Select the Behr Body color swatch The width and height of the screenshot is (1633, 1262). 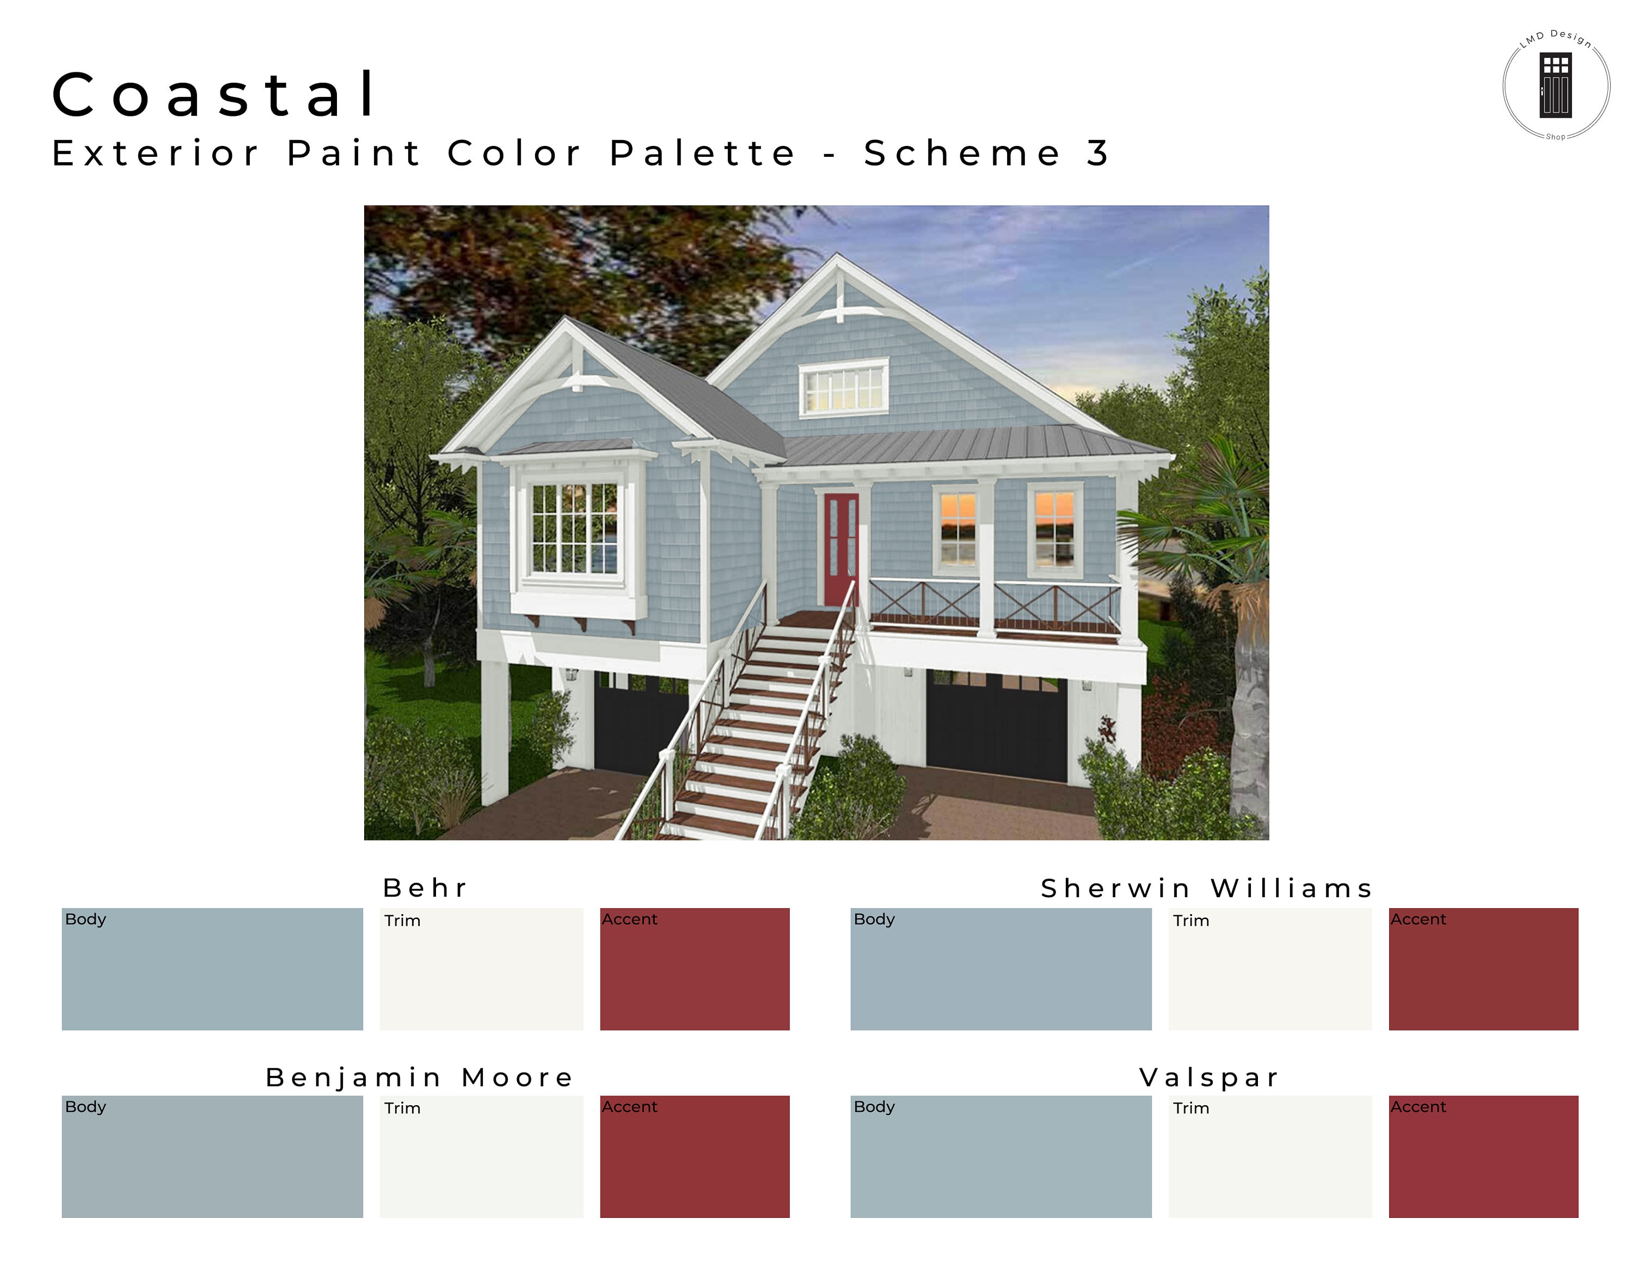pos(212,969)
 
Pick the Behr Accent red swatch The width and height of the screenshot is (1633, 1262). pos(694,969)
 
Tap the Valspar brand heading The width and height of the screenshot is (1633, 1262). pos(1209,1077)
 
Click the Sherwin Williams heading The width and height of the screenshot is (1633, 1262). pos(1207,888)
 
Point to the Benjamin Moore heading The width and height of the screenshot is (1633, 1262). pos(420,1077)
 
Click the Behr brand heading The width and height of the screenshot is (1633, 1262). pos(425,888)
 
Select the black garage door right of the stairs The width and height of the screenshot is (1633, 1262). pos(996,725)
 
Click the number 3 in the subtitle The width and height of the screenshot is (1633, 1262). pos(1097,154)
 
